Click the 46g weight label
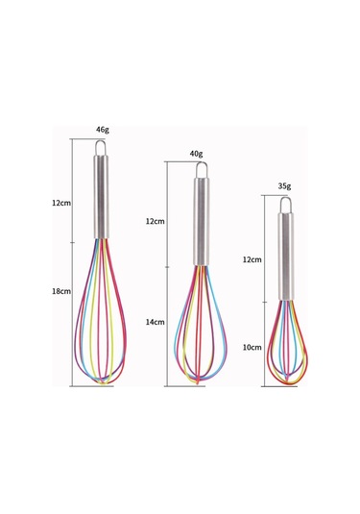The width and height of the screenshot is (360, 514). click(x=102, y=130)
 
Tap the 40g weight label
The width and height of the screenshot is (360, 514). click(x=196, y=154)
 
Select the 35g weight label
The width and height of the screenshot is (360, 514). click(x=284, y=186)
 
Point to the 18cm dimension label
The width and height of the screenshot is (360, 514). click(x=61, y=291)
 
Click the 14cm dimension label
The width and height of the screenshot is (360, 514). click(x=155, y=322)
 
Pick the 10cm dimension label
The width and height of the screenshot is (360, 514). click(x=252, y=348)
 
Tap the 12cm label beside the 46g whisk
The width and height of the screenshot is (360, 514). click(x=61, y=203)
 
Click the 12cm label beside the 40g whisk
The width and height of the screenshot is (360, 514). click(x=155, y=221)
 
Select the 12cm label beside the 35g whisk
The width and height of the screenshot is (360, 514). click(x=252, y=259)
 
